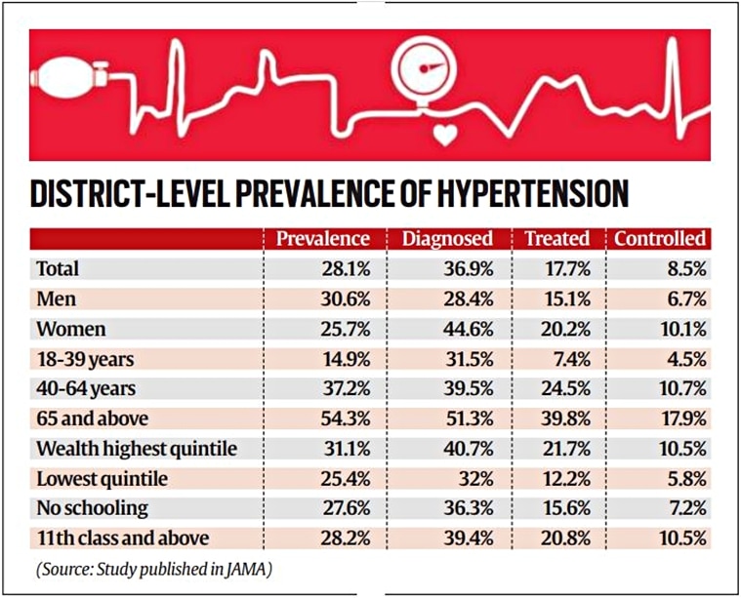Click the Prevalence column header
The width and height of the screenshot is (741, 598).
[322, 239]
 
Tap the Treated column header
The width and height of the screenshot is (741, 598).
[556, 239]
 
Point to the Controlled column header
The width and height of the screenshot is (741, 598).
[659, 239]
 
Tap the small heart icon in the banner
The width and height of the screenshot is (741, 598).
[446, 137]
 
